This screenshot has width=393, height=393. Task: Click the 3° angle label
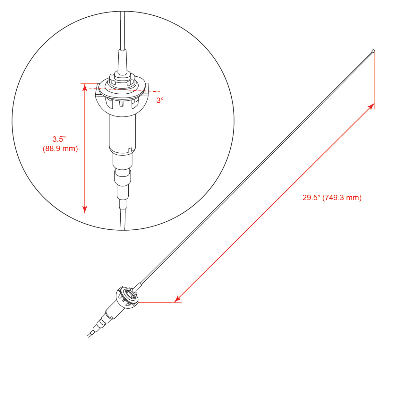point(160,100)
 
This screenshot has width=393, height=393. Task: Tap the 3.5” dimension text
point(59,139)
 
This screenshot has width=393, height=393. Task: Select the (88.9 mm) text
point(60,149)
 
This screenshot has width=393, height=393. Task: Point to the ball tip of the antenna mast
point(373,51)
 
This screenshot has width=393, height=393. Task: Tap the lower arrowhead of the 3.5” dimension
point(85,209)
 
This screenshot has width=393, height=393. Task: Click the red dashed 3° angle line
point(122,90)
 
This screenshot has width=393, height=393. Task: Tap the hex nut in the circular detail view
point(122,80)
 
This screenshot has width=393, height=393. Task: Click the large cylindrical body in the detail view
point(122,133)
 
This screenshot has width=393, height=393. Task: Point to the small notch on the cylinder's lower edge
point(129,150)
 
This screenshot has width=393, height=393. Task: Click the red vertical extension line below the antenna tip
point(375,80)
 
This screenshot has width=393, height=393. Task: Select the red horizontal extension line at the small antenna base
point(159,303)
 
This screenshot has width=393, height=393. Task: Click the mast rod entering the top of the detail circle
point(123,30)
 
